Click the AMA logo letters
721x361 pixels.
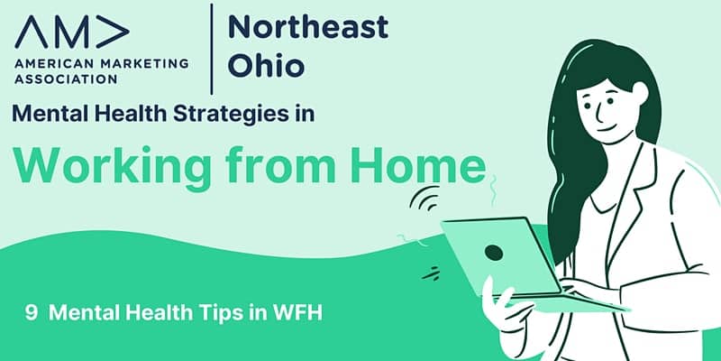[72, 32]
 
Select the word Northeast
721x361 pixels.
[308, 27]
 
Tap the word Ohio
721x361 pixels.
[266, 65]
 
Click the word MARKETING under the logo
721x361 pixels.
[144, 63]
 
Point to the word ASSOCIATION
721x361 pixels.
[66, 79]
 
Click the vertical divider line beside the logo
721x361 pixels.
[212, 49]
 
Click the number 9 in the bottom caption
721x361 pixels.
[32, 313]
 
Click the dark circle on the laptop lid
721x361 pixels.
[494, 252]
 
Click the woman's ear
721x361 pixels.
[640, 93]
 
